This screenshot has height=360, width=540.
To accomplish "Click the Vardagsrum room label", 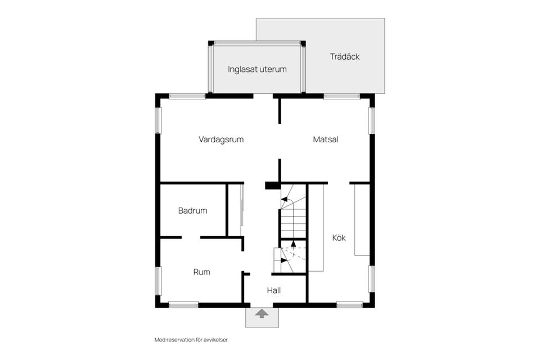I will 221,139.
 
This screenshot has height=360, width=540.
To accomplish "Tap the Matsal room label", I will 326,139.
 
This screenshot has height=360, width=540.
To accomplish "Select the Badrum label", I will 192,211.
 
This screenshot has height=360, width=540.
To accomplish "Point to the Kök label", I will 339,238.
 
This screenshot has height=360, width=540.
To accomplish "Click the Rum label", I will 201,272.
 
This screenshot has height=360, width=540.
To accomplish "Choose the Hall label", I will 274,290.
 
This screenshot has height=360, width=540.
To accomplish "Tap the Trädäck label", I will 345,57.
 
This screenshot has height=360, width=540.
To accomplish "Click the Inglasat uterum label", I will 257,70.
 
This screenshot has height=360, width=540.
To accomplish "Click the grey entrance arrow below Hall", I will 262,314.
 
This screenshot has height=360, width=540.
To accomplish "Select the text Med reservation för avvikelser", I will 192,340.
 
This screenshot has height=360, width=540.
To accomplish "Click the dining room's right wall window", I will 371,120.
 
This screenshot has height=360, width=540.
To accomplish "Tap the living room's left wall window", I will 158,120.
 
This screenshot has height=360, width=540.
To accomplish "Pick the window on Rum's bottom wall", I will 183,305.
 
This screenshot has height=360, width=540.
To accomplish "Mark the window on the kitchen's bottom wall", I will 349,305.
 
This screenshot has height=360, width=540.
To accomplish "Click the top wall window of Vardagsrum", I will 187,96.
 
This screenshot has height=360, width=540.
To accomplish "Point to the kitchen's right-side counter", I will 362,219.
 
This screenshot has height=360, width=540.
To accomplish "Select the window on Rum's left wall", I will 158,281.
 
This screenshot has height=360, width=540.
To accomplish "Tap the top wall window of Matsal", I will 341,96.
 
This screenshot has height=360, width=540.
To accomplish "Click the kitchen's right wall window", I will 371,278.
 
